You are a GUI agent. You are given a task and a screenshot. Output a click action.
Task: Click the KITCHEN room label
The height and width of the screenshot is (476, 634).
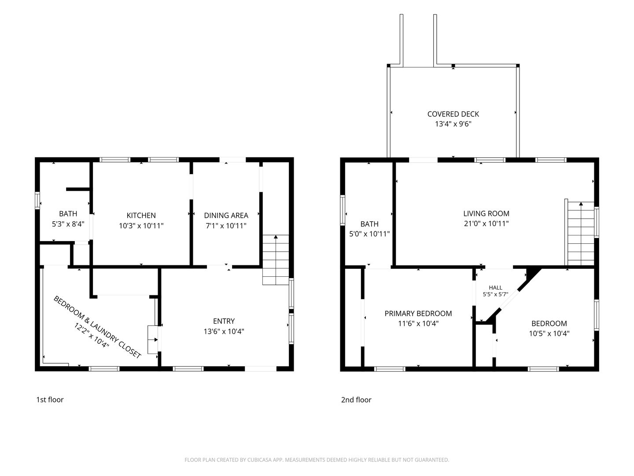click(x=141, y=216)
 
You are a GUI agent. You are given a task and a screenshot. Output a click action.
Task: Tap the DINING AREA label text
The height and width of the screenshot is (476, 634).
click(x=226, y=216)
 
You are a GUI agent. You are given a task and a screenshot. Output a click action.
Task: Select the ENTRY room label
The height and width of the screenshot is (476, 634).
click(x=224, y=321)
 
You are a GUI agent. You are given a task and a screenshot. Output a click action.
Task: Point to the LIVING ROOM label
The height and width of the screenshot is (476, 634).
click(x=486, y=214)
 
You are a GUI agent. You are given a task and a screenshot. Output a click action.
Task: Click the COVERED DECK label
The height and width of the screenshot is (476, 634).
click(x=453, y=114)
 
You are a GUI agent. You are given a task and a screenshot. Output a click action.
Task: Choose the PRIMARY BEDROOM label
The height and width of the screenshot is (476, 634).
click(x=418, y=313)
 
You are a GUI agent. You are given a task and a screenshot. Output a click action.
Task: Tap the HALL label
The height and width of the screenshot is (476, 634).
click(x=495, y=287)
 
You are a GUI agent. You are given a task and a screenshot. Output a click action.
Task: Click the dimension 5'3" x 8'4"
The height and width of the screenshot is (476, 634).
click(x=68, y=224)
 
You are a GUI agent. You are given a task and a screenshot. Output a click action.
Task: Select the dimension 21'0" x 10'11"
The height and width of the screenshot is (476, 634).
click(x=486, y=223)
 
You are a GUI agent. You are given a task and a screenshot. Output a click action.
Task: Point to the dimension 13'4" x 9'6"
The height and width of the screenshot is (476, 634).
click(x=453, y=124)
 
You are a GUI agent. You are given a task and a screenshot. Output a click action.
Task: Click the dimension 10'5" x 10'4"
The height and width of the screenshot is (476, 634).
click(x=549, y=334)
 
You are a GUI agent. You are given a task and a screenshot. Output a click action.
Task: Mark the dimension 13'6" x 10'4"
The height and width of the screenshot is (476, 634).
click(x=224, y=331)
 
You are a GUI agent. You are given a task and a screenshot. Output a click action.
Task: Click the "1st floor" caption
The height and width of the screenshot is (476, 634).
click(x=50, y=400)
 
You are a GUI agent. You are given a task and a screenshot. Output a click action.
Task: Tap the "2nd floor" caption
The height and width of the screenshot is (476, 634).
click(x=356, y=400)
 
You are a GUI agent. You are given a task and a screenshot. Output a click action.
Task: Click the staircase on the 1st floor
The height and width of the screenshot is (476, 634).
click(x=276, y=260)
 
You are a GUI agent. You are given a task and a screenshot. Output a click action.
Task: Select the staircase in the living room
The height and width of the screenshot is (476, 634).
click(x=581, y=234)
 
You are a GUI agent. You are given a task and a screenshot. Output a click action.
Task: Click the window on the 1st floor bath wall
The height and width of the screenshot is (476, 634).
click(x=37, y=200)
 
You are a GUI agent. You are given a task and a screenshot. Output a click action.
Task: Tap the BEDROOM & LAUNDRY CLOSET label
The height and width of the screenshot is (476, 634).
click(x=97, y=327)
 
